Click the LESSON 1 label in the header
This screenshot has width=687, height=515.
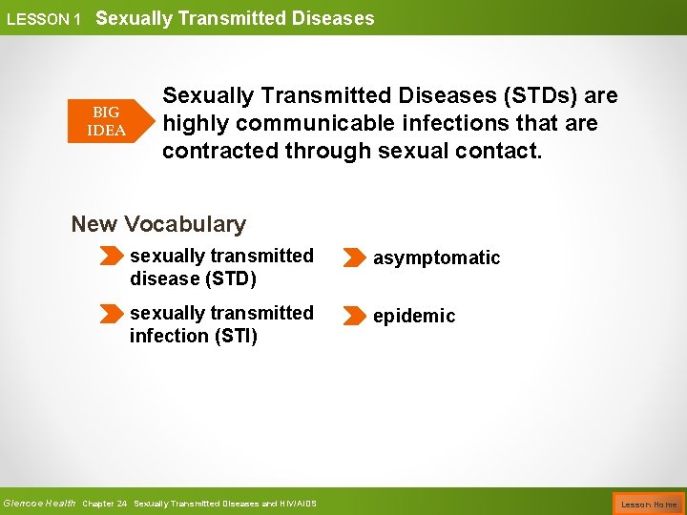(x=43, y=19)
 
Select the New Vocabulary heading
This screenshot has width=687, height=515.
(x=158, y=224)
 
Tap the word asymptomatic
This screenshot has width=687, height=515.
(x=436, y=257)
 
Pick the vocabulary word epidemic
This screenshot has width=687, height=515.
(x=414, y=316)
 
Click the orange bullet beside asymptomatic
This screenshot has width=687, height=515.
(x=352, y=257)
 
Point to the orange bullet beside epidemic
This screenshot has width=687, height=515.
(x=352, y=316)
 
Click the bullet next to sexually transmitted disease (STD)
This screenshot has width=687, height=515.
(x=113, y=257)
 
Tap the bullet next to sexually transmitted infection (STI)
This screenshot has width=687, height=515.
(x=113, y=314)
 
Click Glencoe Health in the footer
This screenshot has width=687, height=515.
(x=39, y=503)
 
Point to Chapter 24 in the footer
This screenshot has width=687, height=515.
(x=105, y=504)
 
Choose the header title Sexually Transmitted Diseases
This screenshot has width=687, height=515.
(x=235, y=18)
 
